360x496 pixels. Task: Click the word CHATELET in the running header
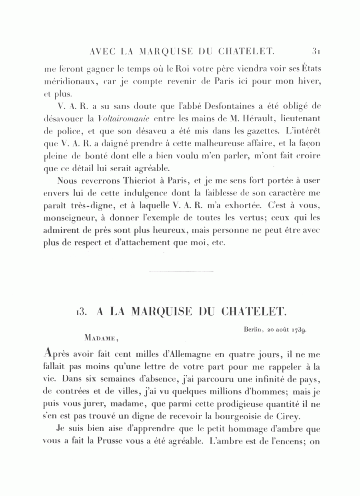(x=246, y=52)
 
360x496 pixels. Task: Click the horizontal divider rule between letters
(x=181, y=272)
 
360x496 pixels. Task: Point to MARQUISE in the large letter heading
(x=166, y=312)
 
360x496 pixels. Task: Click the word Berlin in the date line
(x=252, y=330)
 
